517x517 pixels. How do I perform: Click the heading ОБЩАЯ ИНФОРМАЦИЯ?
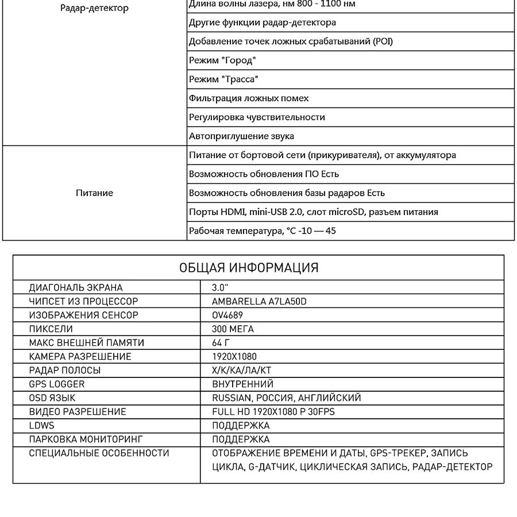[x=249, y=268]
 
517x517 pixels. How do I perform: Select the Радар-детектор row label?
[x=94, y=8]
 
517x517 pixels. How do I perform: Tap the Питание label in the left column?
[x=94, y=193]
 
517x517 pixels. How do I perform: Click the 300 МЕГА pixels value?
[x=233, y=329]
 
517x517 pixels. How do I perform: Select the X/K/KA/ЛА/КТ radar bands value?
[x=241, y=370]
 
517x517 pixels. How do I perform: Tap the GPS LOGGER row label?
[x=57, y=384]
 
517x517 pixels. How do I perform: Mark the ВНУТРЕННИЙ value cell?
[x=242, y=384]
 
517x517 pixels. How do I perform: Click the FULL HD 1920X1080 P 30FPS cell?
[x=273, y=411]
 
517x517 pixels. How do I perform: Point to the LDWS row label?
[x=41, y=425]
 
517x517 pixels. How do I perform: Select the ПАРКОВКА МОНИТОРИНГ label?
[x=86, y=439]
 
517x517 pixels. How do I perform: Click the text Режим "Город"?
[x=222, y=60]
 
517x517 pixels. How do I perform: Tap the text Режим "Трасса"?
[x=223, y=79]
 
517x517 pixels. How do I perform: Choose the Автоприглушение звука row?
[x=241, y=136]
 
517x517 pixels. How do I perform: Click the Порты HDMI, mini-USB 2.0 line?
[x=313, y=212]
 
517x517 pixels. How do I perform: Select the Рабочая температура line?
[x=262, y=231]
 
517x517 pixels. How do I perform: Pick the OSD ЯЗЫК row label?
[x=52, y=398]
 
